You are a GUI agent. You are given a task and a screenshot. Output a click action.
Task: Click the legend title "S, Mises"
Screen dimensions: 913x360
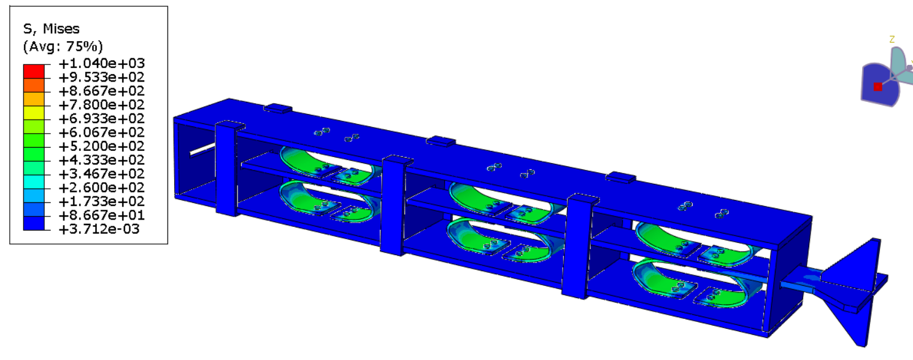point(51,29)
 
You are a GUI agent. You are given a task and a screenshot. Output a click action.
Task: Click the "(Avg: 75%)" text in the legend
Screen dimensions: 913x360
point(63,47)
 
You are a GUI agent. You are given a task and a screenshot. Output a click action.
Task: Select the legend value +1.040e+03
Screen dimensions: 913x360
point(101,64)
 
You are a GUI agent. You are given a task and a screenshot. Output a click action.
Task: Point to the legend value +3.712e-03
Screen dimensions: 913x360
point(99,229)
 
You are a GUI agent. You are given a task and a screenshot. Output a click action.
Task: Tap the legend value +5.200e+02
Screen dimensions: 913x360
point(101,146)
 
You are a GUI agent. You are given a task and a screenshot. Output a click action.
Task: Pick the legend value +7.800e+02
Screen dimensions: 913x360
point(101,105)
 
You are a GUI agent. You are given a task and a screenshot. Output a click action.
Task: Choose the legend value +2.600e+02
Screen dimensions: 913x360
point(101,188)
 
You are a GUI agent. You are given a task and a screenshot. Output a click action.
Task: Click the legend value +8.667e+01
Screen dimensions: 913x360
point(101,215)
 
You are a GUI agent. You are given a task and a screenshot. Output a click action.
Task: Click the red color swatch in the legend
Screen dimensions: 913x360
point(34,71)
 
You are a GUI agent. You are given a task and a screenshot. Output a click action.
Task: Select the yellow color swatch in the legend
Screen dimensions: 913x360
point(34,113)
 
